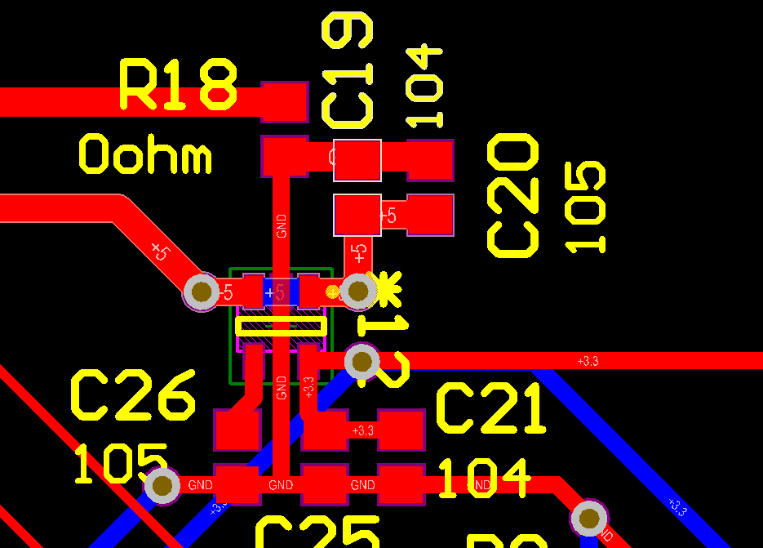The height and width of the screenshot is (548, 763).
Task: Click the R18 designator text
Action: [178, 84]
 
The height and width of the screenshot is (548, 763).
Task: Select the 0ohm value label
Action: [145, 155]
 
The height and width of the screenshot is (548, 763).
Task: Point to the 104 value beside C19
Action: [425, 86]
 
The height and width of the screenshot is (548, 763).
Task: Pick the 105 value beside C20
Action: [586, 207]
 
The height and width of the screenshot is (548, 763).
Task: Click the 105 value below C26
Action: [121, 464]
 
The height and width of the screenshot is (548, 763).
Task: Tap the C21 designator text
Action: [490, 409]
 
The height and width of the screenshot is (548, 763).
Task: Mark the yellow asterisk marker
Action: [386, 289]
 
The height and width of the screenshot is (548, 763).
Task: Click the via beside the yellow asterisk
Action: [358, 291]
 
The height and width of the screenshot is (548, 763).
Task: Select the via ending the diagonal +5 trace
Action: [201, 292]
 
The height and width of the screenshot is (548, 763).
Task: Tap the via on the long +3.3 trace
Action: [362, 360]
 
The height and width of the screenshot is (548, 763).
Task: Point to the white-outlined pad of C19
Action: [357, 160]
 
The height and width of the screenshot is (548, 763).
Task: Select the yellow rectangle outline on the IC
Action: [281, 327]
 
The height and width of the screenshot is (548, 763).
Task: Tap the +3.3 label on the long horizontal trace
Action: [588, 360]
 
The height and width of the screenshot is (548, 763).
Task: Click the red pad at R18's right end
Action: [284, 100]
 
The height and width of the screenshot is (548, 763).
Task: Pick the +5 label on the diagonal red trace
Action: [159, 251]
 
